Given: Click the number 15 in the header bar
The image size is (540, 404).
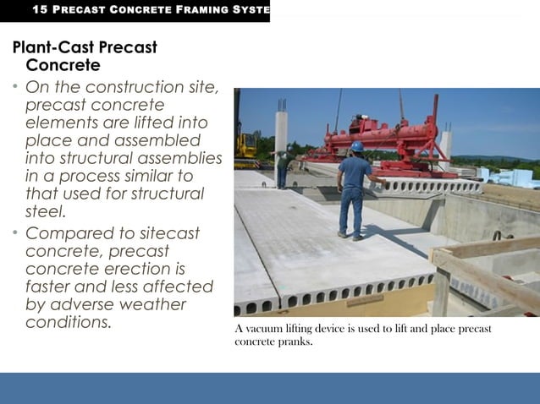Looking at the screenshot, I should (38, 10).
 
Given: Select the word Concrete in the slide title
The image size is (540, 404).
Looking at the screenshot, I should (63, 65).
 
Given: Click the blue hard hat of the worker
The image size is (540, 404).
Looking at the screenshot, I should (357, 146).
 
